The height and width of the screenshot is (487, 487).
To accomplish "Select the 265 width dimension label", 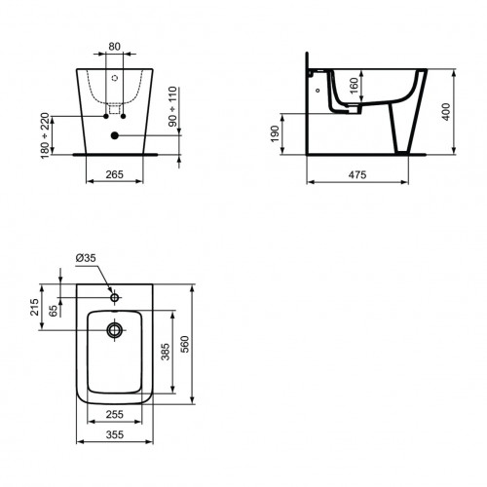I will [x=114, y=175].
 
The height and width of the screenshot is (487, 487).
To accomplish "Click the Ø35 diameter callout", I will [x=86, y=258].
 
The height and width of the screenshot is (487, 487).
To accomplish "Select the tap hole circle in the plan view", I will [x=115, y=296].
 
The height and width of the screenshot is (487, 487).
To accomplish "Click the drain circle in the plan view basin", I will [x=115, y=331].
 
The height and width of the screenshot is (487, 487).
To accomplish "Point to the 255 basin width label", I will [x=115, y=412].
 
